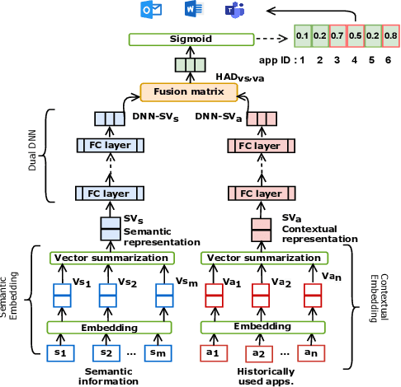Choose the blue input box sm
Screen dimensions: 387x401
[157, 352]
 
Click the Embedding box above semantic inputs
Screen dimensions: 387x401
[109, 327]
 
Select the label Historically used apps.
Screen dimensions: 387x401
[261, 376]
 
